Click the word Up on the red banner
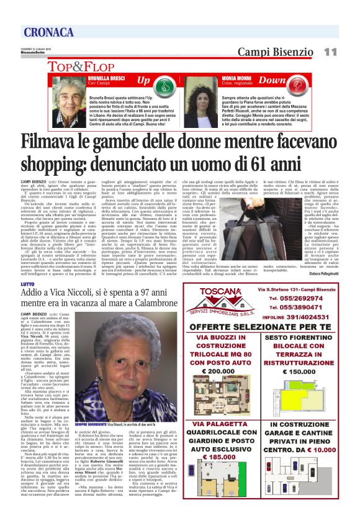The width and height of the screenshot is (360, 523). [x=143, y=81]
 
